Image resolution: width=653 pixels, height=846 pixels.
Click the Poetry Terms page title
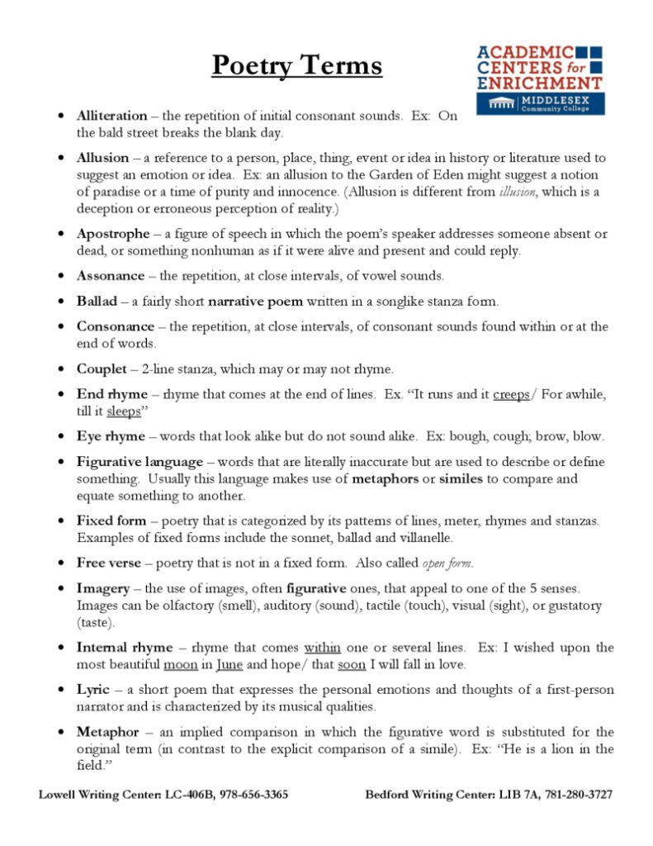click(x=296, y=65)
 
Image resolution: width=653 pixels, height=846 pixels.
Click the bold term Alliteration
click(x=111, y=116)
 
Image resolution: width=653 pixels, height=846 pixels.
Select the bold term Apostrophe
click(x=113, y=234)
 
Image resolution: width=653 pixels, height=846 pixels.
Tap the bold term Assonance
click(x=110, y=275)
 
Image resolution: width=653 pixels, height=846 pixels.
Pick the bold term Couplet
click(x=102, y=368)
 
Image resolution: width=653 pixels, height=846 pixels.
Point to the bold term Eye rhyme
click(x=110, y=435)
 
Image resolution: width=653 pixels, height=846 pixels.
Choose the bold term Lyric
click(x=92, y=689)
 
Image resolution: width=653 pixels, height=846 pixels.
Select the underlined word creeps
click(x=511, y=394)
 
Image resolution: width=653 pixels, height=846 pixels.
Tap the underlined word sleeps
click(x=124, y=411)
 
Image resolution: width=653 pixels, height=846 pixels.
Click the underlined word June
click(x=229, y=664)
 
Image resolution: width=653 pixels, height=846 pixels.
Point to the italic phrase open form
click(x=447, y=563)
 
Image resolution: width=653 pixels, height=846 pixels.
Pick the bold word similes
click(x=462, y=478)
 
